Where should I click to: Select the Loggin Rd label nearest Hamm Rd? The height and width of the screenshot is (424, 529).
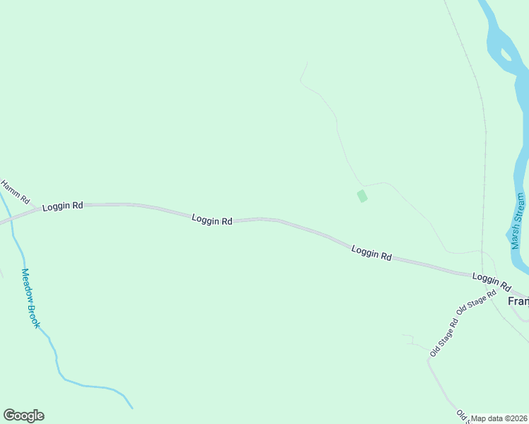62,206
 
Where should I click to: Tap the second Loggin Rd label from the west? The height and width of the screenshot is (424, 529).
211,220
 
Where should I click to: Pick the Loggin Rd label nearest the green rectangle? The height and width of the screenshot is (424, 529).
371,253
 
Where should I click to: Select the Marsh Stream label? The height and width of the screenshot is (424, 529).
518,220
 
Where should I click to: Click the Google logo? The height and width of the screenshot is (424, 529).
23,416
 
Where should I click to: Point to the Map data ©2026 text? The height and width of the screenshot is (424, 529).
499,418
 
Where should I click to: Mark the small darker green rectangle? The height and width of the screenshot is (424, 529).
362,196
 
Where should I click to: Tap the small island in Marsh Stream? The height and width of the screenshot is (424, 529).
506,54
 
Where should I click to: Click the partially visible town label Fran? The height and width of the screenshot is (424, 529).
518,301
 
